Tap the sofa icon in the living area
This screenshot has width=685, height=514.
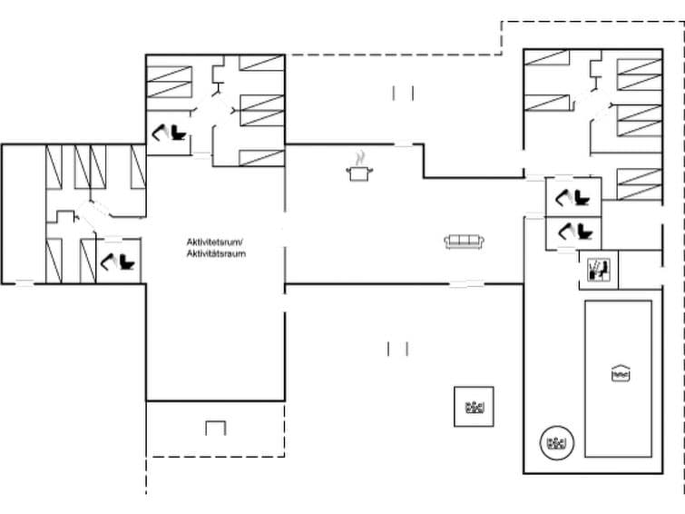click(465, 242)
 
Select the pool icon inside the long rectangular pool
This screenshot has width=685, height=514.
click(621, 372)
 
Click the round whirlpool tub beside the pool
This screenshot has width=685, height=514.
click(554, 443)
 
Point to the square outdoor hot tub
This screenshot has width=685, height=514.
click(474, 407)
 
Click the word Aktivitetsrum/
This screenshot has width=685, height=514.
click(216, 242)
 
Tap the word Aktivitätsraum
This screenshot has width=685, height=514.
click(216, 253)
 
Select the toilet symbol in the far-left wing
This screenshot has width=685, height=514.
click(121, 262)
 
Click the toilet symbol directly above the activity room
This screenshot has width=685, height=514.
click(169, 133)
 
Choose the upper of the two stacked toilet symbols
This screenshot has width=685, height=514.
click(572, 195)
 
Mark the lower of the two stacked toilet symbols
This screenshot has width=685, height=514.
click(572, 231)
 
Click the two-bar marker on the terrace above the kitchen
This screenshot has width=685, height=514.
click(404, 93)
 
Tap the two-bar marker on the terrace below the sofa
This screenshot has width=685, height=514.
click(397, 348)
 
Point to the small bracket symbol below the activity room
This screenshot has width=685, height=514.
click(216, 428)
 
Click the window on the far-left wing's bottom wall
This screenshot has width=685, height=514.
click(24, 284)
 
